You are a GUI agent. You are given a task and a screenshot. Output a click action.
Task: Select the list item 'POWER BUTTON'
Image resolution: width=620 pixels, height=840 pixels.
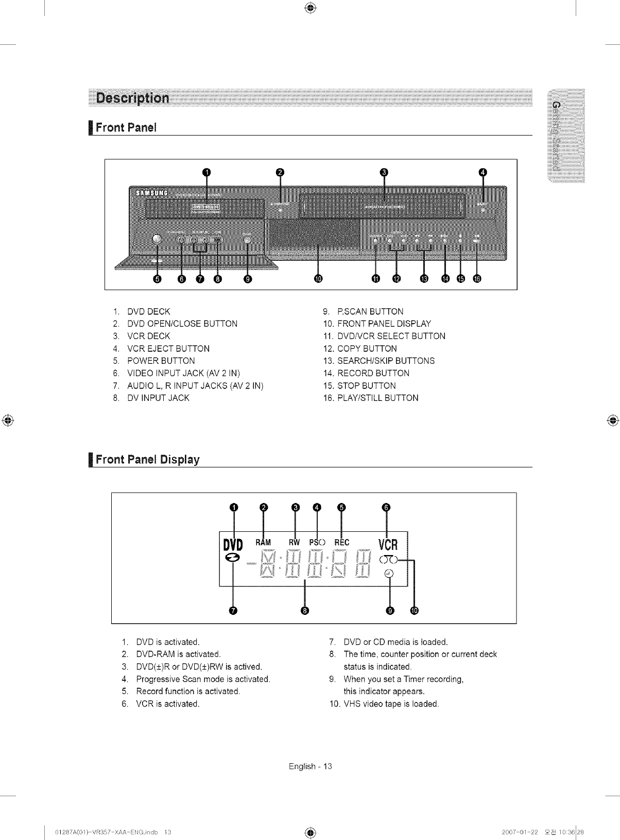pyautogui.click(x=161, y=361)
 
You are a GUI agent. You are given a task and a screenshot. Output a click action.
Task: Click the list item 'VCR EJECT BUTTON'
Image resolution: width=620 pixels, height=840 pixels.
pyautogui.click(x=168, y=348)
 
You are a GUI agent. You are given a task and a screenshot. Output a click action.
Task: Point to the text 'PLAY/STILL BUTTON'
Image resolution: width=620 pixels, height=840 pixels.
pyautogui.click(x=377, y=398)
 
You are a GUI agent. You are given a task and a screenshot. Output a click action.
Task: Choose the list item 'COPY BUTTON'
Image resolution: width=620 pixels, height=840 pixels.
pyautogui.click(x=367, y=348)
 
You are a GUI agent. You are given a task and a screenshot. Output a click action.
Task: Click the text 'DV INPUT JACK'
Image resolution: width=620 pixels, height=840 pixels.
pyautogui.click(x=158, y=398)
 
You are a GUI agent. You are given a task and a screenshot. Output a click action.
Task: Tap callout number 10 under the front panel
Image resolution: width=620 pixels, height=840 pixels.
pyautogui.click(x=318, y=279)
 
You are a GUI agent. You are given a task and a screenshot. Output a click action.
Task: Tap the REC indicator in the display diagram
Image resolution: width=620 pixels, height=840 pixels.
pyautogui.click(x=341, y=542)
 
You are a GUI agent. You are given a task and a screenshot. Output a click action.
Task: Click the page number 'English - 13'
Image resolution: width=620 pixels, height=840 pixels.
pyautogui.click(x=311, y=766)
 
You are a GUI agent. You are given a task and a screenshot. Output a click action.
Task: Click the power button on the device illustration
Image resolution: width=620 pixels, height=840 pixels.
pyautogui.click(x=157, y=239)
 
